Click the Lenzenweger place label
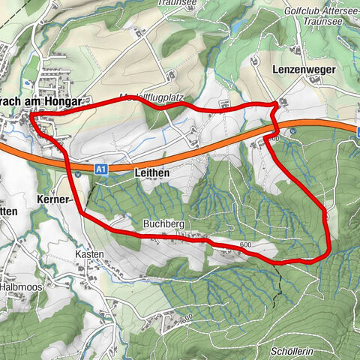[x=304, y=69]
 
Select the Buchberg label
[x=164, y=223]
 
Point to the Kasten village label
[x=90, y=255]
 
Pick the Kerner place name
[x=52, y=200]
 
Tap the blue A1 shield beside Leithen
[x=102, y=170]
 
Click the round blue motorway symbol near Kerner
[x=78, y=174]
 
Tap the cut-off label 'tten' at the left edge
[x=8, y=212]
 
